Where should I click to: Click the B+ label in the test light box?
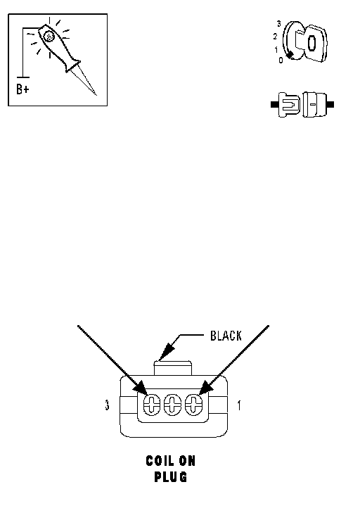coord(22,89)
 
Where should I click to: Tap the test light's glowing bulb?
coord(49,36)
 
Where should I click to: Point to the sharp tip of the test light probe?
coord(96,95)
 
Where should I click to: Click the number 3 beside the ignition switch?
coord(278,24)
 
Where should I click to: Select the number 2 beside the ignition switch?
coord(275,37)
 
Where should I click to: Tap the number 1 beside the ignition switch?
coord(276,49)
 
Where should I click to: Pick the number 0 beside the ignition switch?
coord(281,61)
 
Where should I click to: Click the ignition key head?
coord(315,43)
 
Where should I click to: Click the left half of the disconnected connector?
coord(285,104)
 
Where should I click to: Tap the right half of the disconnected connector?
coord(318,104)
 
